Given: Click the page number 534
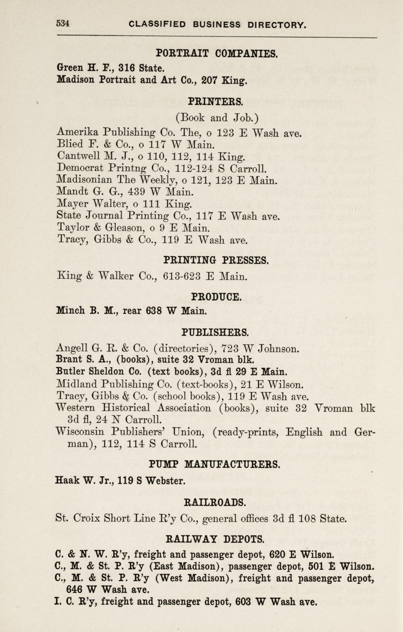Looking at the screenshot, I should [63, 24].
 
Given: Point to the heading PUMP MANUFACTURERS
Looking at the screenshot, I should [214, 465].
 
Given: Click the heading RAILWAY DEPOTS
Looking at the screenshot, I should [215, 539].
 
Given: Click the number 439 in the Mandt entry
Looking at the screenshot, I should [136, 192].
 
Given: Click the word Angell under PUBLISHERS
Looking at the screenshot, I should [72, 348].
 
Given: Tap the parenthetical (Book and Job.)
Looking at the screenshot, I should [217, 118].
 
